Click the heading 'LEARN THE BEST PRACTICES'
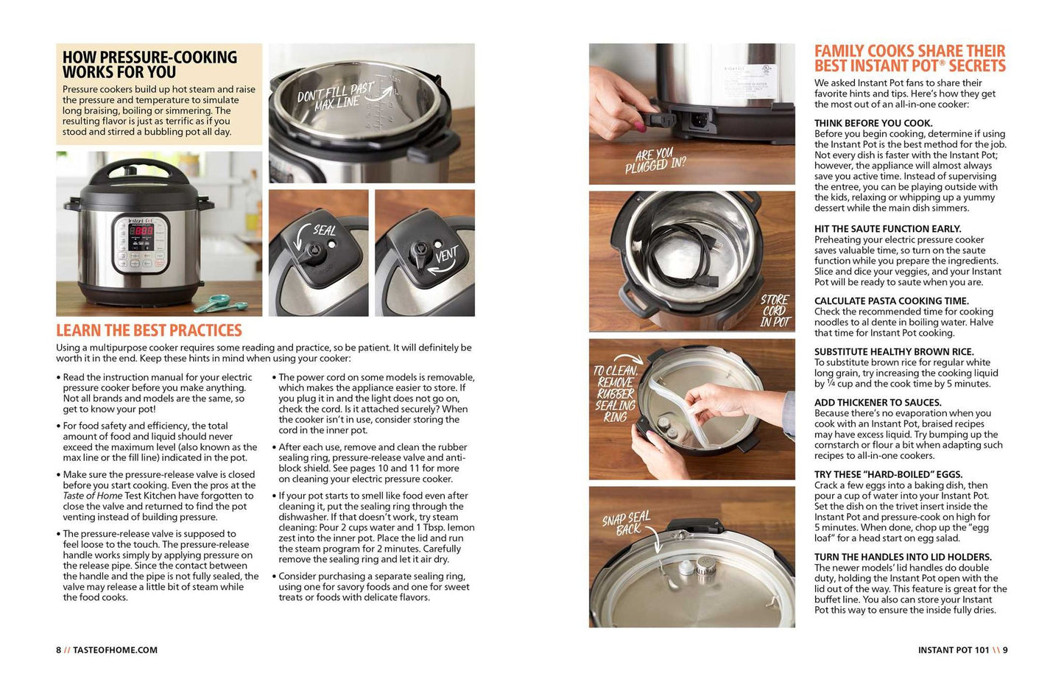click(x=149, y=330)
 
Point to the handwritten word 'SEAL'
click(x=325, y=231)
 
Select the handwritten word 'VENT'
click(x=446, y=254)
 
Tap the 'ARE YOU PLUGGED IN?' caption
click(x=655, y=161)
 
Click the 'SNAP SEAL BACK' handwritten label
click(x=627, y=523)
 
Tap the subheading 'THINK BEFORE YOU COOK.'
click(x=873, y=123)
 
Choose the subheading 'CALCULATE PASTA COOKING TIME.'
click(x=891, y=300)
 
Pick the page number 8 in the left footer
click(x=58, y=650)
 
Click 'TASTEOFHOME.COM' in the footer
click(x=115, y=650)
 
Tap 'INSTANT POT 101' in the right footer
click(x=954, y=650)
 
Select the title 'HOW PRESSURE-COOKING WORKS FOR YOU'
click(x=149, y=65)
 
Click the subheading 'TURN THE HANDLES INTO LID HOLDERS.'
click(x=903, y=557)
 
